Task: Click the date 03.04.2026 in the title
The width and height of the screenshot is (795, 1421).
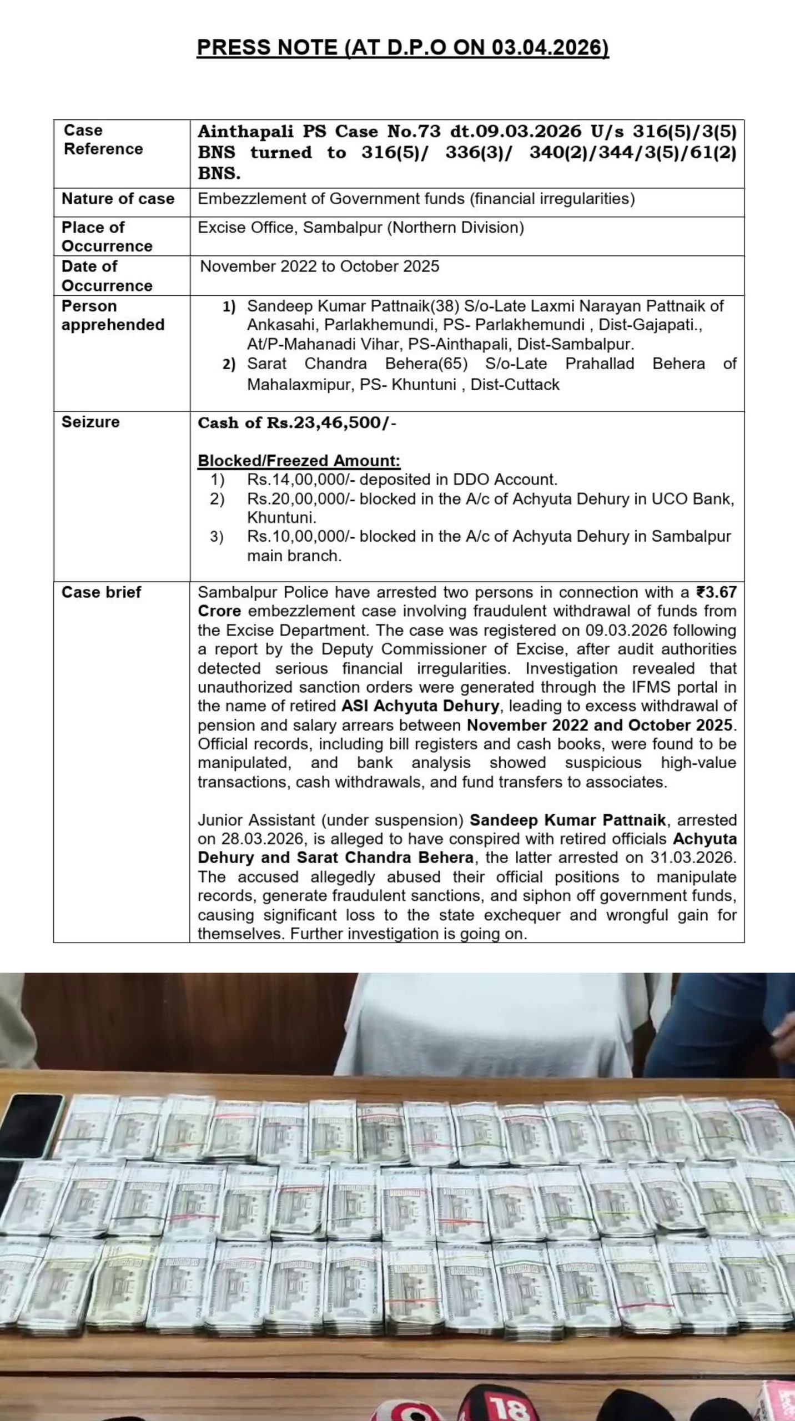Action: (549, 48)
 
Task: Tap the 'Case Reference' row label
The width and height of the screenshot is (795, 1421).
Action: (103, 139)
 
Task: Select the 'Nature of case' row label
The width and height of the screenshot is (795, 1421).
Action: (118, 199)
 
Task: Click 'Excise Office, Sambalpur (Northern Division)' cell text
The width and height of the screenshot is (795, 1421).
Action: (360, 228)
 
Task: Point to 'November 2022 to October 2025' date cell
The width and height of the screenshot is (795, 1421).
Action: (319, 266)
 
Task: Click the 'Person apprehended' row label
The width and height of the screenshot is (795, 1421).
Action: (113, 315)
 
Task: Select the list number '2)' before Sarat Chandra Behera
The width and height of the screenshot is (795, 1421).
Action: (229, 365)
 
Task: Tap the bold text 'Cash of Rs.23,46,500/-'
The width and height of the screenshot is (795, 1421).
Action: (297, 423)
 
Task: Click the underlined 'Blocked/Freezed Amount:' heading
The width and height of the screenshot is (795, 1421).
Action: (299, 461)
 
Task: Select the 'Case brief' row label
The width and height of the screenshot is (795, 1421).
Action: (101, 592)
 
